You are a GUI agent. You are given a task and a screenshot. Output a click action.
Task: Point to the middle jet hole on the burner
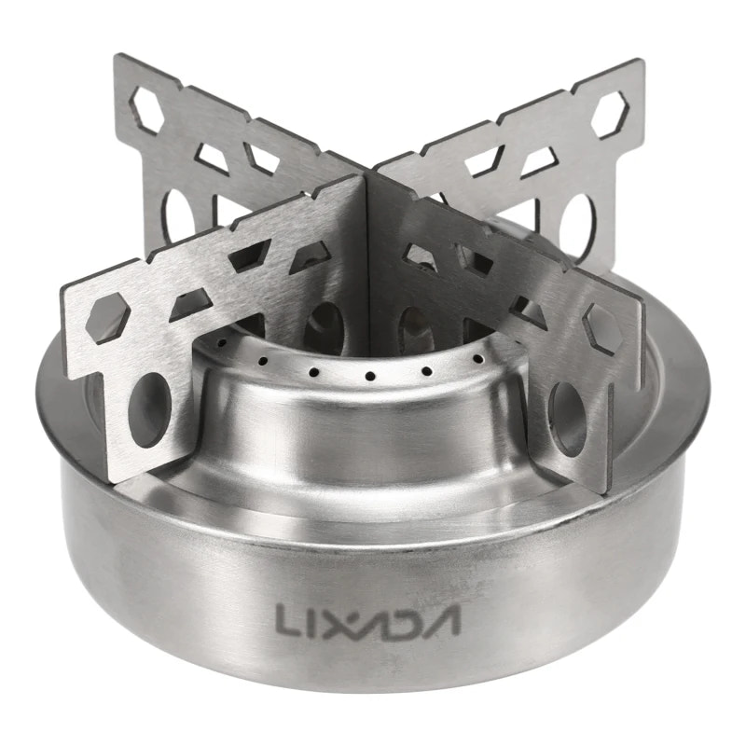tap(370, 377)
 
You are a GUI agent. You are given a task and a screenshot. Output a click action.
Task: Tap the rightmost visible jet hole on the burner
tap(478, 359)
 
